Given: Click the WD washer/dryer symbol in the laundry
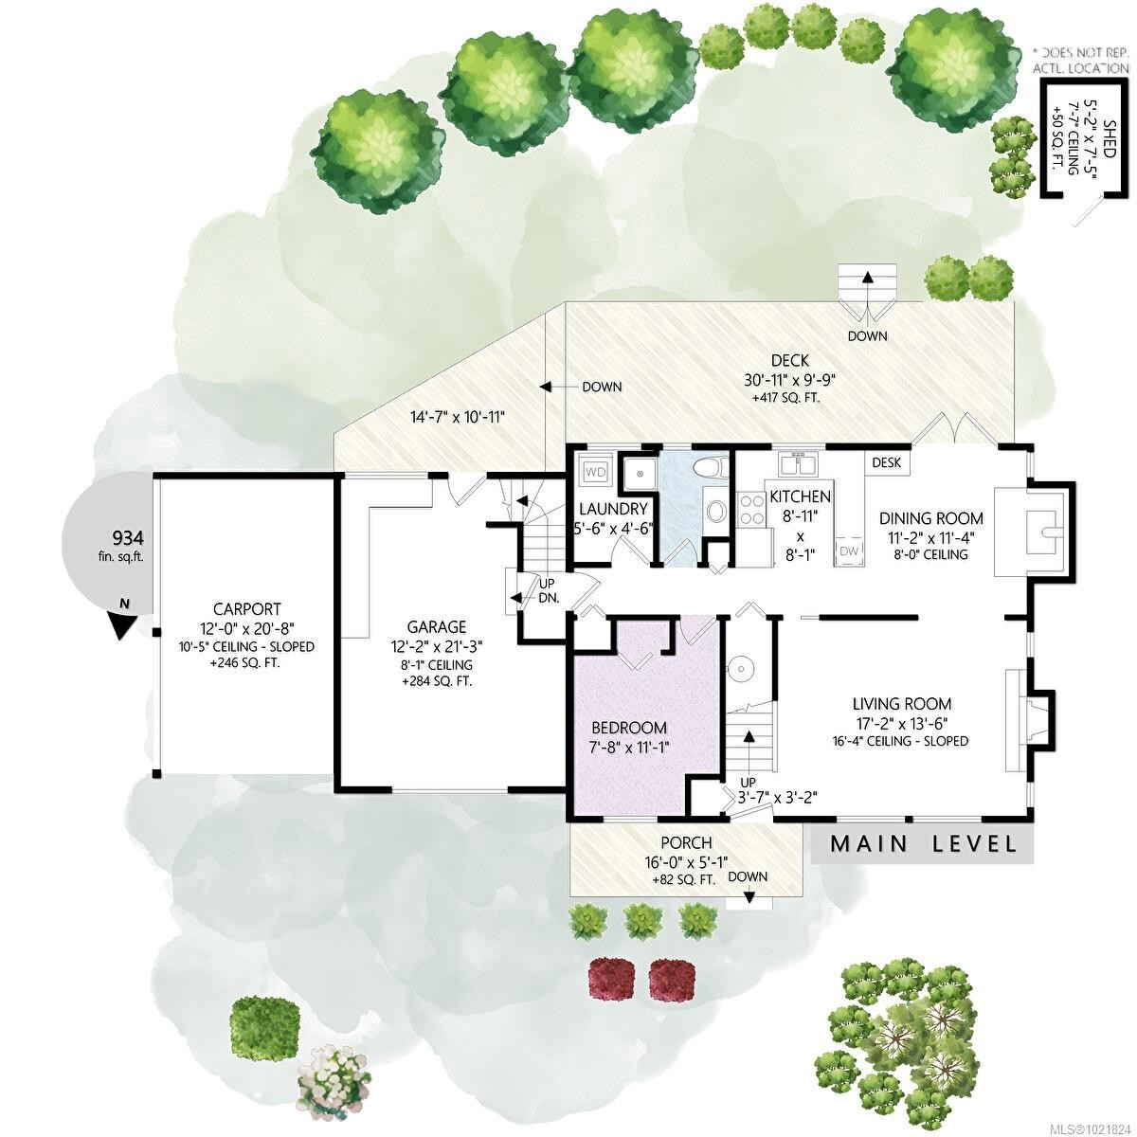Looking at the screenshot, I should tap(595, 471).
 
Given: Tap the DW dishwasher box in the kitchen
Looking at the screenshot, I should tap(848, 551).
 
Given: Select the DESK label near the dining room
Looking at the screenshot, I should tap(886, 462).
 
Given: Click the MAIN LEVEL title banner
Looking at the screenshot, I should tap(923, 844).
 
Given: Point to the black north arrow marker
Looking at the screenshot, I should tap(122, 622).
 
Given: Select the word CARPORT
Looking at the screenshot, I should tap(246, 609).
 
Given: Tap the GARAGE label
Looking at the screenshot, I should tap(437, 626).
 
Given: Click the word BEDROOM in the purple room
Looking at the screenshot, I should tap(629, 728).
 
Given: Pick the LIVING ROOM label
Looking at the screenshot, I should tap(901, 704).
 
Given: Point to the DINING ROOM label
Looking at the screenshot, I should tap(930, 518).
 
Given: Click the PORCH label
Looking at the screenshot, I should tap(686, 842).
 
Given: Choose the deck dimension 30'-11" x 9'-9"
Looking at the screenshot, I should tap(789, 380).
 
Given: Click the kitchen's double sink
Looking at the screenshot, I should tap(798, 464).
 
